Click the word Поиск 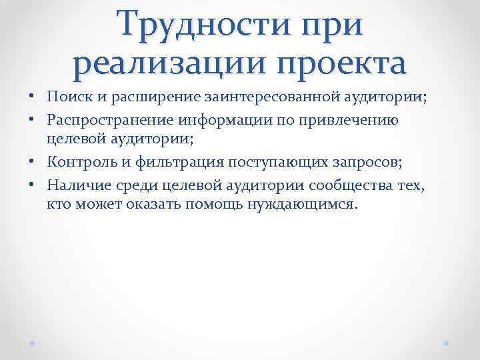click(x=67, y=99)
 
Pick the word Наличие click(x=75, y=185)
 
